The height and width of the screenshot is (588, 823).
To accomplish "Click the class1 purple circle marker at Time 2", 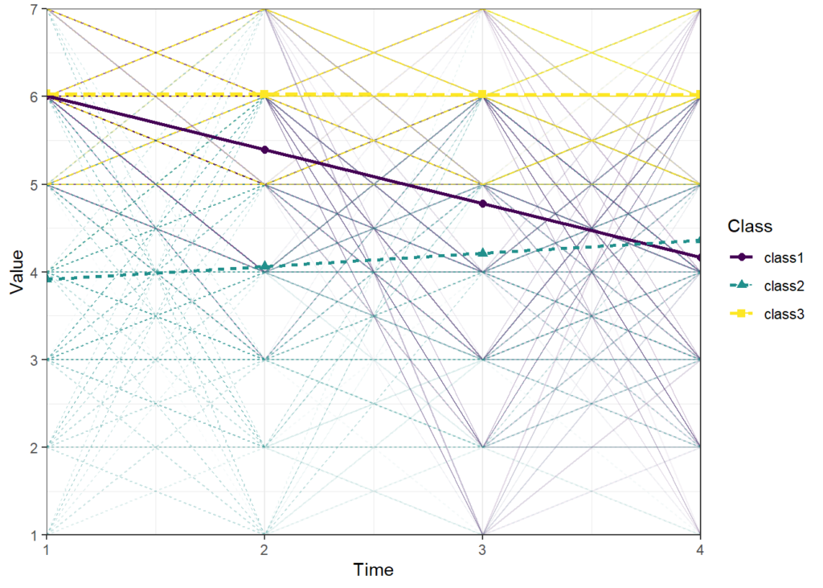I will pyautogui.click(x=264, y=150).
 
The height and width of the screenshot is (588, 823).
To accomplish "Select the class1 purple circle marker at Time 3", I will pyautogui.click(x=482, y=204).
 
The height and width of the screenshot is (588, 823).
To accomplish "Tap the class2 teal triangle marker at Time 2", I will pyautogui.click(x=264, y=266).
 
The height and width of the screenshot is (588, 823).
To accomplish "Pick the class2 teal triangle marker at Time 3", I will pyautogui.click(x=482, y=253).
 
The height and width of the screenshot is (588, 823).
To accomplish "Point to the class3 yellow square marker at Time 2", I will pyautogui.click(x=264, y=95).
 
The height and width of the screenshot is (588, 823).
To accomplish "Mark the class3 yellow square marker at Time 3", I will pyautogui.click(x=482, y=95).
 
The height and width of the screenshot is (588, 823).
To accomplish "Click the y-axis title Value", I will pyautogui.click(x=17, y=272).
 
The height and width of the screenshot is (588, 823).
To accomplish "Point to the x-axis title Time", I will pyautogui.click(x=373, y=569).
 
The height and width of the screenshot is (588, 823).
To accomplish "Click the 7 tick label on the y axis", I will pyautogui.click(x=33, y=10).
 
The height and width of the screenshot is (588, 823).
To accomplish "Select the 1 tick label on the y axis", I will pyautogui.click(x=33, y=535).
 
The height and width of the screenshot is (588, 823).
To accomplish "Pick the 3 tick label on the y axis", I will pyautogui.click(x=33, y=360).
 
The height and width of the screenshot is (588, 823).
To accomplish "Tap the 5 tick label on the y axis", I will pyautogui.click(x=33, y=184).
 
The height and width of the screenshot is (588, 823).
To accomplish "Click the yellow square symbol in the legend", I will pyautogui.click(x=743, y=314).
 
